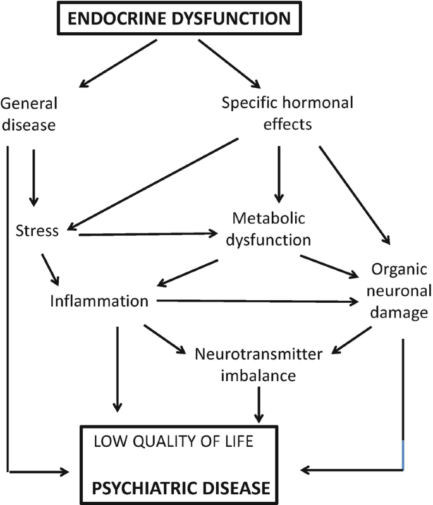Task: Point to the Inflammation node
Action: coord(99,301)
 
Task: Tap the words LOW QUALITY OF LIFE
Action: coord(173,441)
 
